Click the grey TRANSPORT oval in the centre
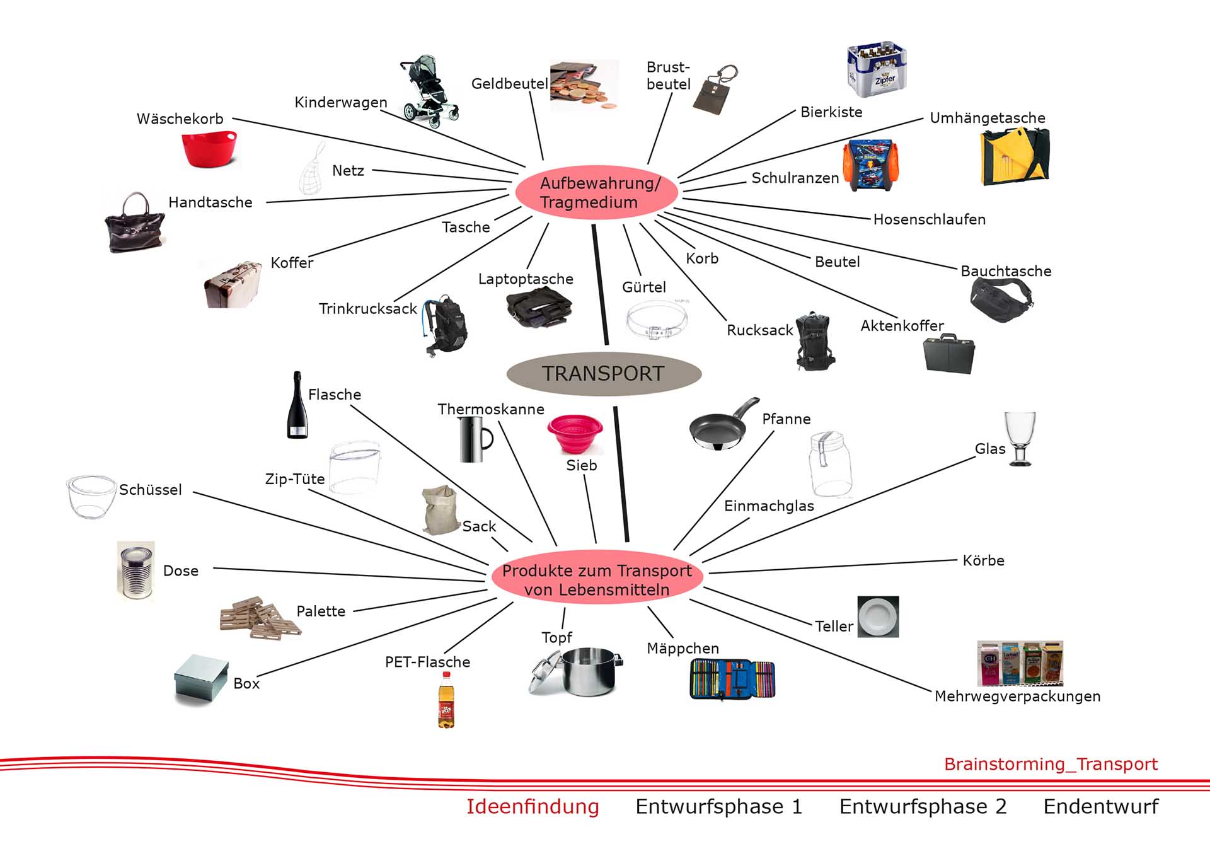point(604,374)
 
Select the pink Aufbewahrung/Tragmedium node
point(596,192)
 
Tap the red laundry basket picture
point(209,149)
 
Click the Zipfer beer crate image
point(877,69)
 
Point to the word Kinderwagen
point(340,102)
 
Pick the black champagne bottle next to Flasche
point(297,407)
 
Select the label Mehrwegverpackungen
point(1017,697)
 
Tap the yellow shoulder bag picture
point(1014,156)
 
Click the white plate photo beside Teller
point(878,616)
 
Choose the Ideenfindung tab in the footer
point(533,807)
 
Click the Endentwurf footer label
point(1100,807)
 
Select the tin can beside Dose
point(136,571)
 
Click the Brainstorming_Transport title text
point(1051,764)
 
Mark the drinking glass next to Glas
point(1020,438)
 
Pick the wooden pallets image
point(258,618)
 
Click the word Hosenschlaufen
point(929,219)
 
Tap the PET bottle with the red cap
point(446,700)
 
